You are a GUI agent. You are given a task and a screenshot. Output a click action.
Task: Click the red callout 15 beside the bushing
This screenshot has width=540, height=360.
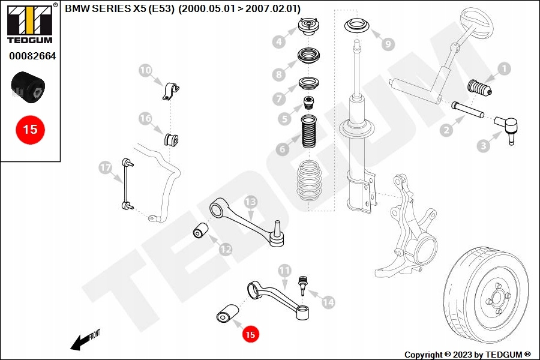[x=250, y=333]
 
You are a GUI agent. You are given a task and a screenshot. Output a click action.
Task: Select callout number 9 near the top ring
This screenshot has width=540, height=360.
[x=388, y=44]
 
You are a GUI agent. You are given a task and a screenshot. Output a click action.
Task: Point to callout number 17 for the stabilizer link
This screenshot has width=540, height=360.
[x=106, y=169]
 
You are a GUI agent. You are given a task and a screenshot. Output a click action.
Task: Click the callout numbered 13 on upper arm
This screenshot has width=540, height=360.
[x=250, y=202]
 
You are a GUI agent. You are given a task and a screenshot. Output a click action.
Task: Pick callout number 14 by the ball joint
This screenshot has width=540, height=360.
[x=328, y=303]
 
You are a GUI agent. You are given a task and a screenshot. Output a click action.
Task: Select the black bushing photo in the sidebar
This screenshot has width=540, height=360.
[x=29, y=86]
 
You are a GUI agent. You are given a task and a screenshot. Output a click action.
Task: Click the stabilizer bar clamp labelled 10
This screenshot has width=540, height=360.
[x=172, y=91]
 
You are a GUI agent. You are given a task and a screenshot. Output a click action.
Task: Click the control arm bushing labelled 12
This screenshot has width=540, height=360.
[x=199, y=230]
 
